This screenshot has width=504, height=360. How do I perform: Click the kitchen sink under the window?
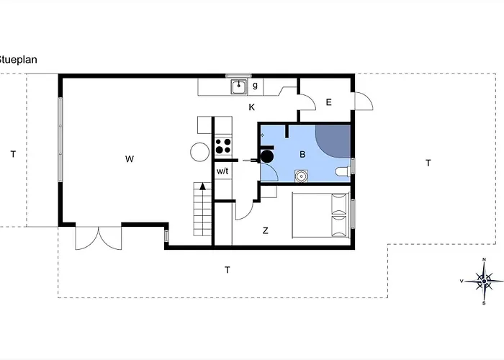point(238,87)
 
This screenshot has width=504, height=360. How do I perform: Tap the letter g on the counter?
point(255,86)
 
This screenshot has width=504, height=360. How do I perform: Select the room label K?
point(252,107)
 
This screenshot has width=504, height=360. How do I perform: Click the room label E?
point(328,102)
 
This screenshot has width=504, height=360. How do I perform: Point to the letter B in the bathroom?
point(303,153)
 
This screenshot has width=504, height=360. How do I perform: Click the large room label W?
point(129,158)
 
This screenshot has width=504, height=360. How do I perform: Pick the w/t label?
point(223,171)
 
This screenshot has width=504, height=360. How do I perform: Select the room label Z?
point(265,230)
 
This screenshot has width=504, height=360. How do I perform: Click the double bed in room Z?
point(321,215)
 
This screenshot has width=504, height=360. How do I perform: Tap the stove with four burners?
point(223,146)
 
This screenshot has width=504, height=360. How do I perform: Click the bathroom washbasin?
point(301,175)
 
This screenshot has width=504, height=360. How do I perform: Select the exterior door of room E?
point(362,102)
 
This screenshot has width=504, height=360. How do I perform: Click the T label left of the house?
point(12,153)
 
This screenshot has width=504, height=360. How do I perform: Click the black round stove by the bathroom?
point(266,155)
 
